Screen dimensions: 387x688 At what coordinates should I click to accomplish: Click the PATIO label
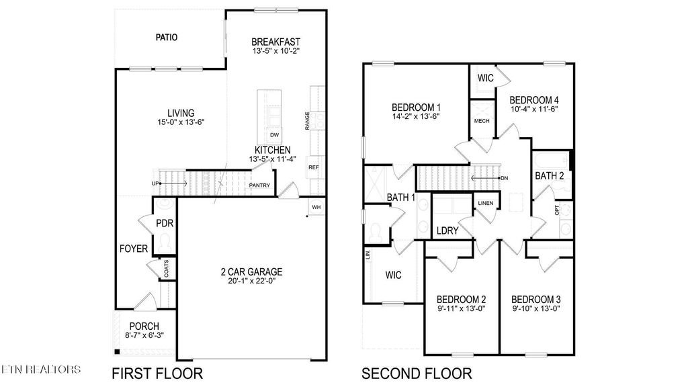pyautogui.click(x=167, y=38)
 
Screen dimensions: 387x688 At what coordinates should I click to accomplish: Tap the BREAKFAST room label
pyautogui.click(x=275, y=40)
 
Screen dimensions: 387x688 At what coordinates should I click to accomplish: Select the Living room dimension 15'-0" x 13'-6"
pyautogui.click(x=181, y=123)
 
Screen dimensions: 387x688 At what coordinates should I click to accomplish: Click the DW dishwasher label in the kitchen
pyautogui.click(x=274, y=135)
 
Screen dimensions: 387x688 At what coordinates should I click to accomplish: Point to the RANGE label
pyautogui.click(x=307, y=121)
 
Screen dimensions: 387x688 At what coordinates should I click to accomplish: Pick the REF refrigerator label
pyautogui.click(x=313, y=167)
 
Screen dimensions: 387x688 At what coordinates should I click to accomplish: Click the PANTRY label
pyautogui.click(x=259, y=185)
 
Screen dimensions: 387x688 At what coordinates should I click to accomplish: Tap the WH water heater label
pyautogui.click(x=316, y=207)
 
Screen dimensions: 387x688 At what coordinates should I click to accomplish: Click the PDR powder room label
pyautogui.click(x=165, y=223)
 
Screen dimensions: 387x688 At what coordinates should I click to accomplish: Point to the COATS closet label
pyautogui.click(x=166, y=269)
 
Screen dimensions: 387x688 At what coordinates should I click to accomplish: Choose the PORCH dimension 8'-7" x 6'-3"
pyautogui.click(x=144, y=336)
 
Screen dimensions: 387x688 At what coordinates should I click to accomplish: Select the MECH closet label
pyautogui.click(x=481, y=121)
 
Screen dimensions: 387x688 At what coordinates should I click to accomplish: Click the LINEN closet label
pyautogui.click(x=485, y=203)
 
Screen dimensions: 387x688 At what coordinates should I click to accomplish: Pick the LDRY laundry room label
pyautogui.click(x=447, y=230)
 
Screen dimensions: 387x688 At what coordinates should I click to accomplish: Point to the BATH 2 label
pyautogui.click(x=549, y=176)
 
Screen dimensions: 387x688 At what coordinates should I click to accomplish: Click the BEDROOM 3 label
pyautogui.click(x=535, y=299)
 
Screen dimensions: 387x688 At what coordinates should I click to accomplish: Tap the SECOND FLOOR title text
pyautogui.click(x=417, y=373)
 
